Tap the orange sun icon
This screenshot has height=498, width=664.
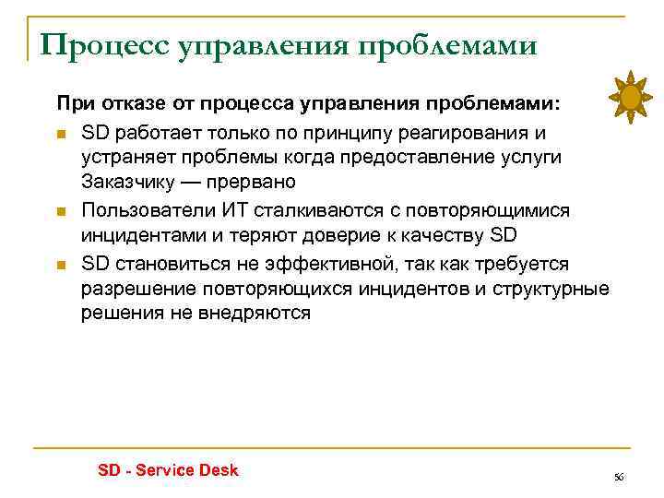[631, 96]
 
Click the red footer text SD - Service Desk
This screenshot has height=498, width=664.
[168, 470]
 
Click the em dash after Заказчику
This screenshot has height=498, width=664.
[203, 181]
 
